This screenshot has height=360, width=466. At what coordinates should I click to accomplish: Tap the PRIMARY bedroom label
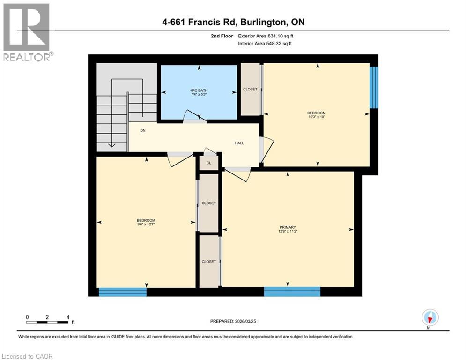pyautogui.click(x=288, y=227)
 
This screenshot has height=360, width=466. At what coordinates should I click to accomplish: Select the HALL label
pyautogui.click(x=239, y=143)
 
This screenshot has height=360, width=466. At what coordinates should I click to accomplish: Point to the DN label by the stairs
pyautogui.click(x=143, y=131)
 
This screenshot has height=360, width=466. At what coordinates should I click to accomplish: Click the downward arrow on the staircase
pyautogui.click(x=112, y=145)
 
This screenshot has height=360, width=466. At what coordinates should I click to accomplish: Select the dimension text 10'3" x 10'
pyautogui.click(x=316, y=117)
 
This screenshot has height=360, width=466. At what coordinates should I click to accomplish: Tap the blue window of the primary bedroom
pyautogui.click(x=292, y=292)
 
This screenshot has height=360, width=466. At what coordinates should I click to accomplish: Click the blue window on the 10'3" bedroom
pyautogui.click(x=374, y=88)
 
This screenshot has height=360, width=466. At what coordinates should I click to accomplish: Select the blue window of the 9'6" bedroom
pyautogui.click(x=123, y=292)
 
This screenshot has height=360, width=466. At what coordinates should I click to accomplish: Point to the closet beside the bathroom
pyautogui.click(x=250, y=89)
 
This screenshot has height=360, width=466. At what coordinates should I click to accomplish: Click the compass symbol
pyautogui.click(x=429, y=318)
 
